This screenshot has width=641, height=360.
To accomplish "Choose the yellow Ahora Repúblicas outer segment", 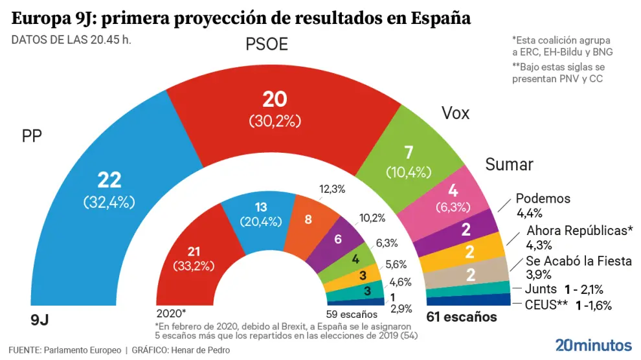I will [x=469, y=251].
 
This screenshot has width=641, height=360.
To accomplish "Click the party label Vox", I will [x=455, y=113].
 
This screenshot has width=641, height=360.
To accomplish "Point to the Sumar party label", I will [x=509, y=164].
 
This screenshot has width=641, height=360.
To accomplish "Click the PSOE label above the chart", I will [x=267, y=45].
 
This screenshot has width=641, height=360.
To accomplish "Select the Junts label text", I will [x=541, y=290].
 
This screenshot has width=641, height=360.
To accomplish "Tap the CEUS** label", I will [x=540, y=305].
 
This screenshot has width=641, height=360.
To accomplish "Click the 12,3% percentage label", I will [x=332, y=189].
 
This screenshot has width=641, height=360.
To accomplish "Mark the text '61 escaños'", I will [x=461, y=317].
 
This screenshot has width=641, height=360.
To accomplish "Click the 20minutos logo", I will [x=594, y=344].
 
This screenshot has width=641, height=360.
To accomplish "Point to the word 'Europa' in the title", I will [x=44, y=17].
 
